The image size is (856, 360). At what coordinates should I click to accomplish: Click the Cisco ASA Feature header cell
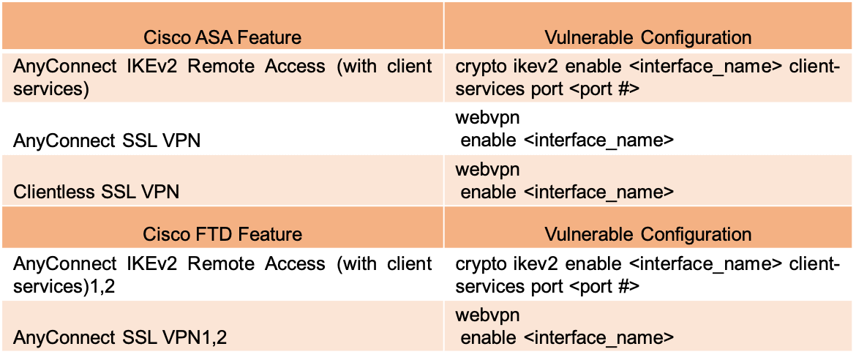(x=222, y=37)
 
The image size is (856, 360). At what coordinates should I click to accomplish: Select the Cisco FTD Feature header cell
(x=222, y=234)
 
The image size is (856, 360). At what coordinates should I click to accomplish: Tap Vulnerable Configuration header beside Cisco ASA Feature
(x=647, y=37)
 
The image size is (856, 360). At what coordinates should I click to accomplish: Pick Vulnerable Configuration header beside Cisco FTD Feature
(x=647, y=234)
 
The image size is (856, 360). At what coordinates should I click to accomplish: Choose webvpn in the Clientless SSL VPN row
(x=488, y=170)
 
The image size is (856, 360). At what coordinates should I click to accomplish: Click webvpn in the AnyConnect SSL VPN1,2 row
(x=488, y=316)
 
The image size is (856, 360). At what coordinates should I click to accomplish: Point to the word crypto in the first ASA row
(x=478, y=67)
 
